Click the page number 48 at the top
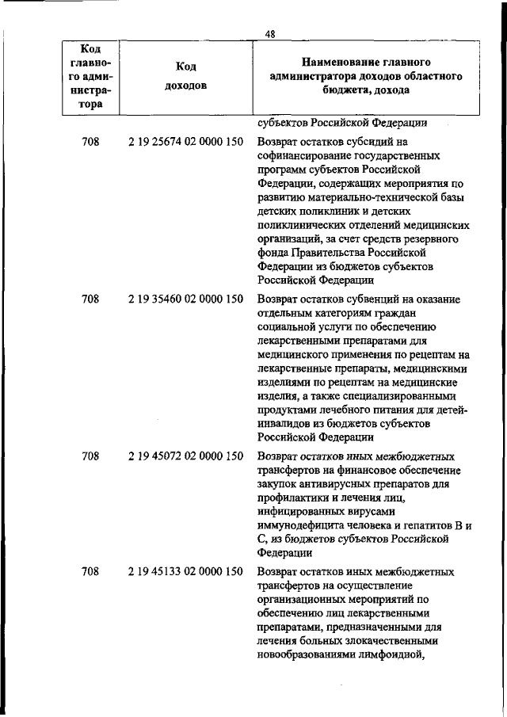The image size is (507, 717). point(270,32)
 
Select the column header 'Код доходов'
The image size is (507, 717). point(186,76)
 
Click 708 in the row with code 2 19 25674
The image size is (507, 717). point(90,143)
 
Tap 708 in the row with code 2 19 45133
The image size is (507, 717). point(90,570)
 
